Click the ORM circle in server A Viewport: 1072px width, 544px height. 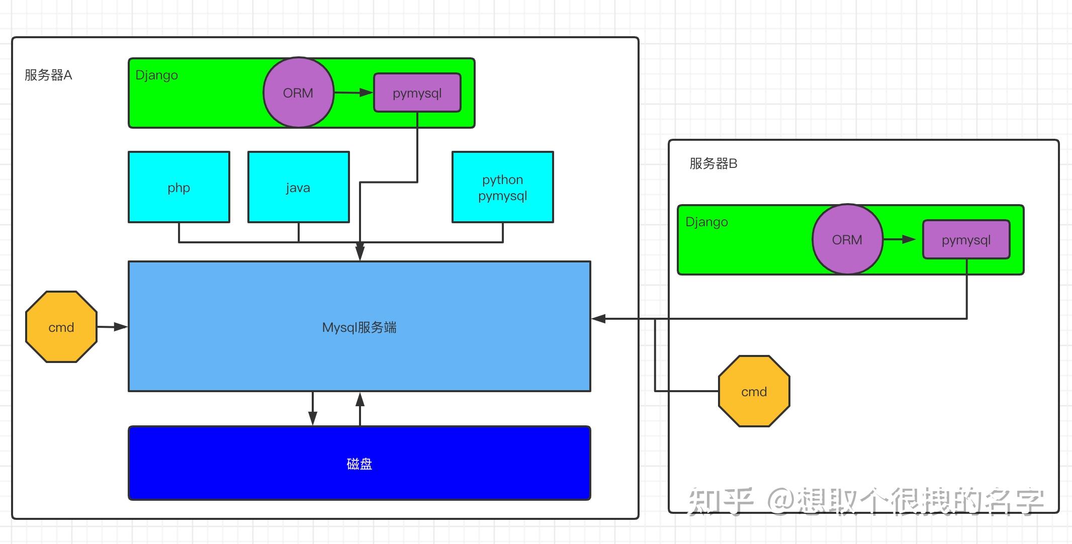pyautogui.click(x=298, y=93)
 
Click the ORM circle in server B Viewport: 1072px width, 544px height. pyautogui.click(x=847, y=240)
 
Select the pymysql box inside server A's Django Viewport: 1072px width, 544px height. pyautogui.click(x=417, y=93)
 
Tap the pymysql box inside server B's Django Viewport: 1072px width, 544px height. pyautogui.click(x=966, y=240)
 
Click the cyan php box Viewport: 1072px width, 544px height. pyautogui.click(x=179, y=188)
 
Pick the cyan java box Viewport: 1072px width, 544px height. pyautogui.click(x=298, y=188)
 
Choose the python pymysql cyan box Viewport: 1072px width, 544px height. pyautogui.click(x=502, y=188)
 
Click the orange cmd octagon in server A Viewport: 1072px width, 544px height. pyautogui.click(x=61, y=327)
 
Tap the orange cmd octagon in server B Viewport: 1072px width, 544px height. pyautogui.click(x=754, y=392)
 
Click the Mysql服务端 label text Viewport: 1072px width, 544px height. pyautogui.click(x=359, y=328)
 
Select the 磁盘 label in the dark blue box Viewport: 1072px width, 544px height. pyautogui.click(x=359, y=464)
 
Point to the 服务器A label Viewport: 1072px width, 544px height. pyautogui.click(x=48, y=75)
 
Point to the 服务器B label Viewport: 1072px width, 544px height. pyautogui.click(x=713, y=164)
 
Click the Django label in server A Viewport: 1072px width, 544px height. pyautogui.click(x=157, y=75)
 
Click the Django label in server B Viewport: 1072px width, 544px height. pyautogui.click(x=706, y=222)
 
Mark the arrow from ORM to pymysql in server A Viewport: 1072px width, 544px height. pyautogui.click(x=353, y=93)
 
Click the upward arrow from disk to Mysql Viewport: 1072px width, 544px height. pyautogui.click(x=360, y=408)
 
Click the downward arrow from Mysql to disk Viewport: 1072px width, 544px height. pyautogui.click(x=313, y=408)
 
